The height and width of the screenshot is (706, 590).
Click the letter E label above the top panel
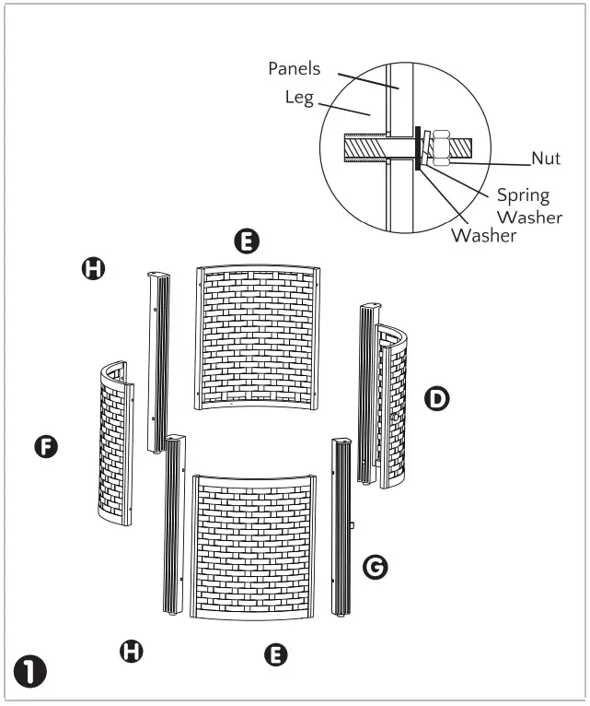coord(247,242)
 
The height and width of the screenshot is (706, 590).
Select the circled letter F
coord(45,447)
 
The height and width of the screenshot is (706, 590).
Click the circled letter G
coord(375,567)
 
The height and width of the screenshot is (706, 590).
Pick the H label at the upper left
coord(94,268)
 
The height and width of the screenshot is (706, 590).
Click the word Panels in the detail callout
coord(294,68)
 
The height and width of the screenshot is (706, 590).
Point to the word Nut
coord(546,159)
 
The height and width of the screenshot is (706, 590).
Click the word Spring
coord(523,195)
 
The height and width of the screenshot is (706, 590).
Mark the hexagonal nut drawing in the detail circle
coord(439,146)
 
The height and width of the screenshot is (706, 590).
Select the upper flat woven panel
coord(257,336)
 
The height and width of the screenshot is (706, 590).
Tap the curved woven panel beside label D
coord(395,406)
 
